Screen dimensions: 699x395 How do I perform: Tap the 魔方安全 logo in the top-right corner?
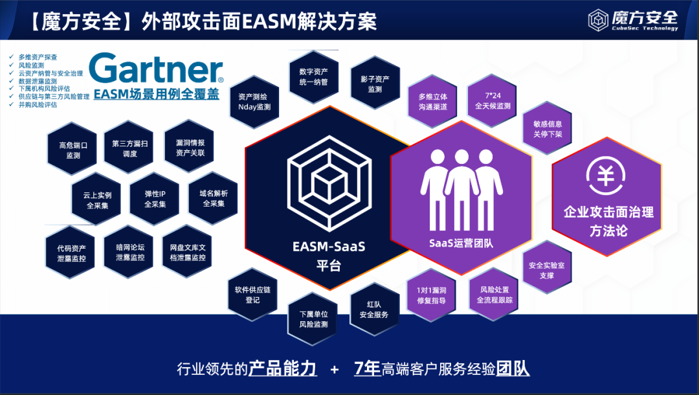click(632, 20)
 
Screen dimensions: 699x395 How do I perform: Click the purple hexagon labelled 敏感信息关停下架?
click(547, 128)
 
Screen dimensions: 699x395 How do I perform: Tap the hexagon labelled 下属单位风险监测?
click(313, 319)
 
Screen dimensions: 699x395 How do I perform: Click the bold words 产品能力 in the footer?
click(283, 368)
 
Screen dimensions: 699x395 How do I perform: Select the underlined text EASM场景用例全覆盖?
click(155, 94)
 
